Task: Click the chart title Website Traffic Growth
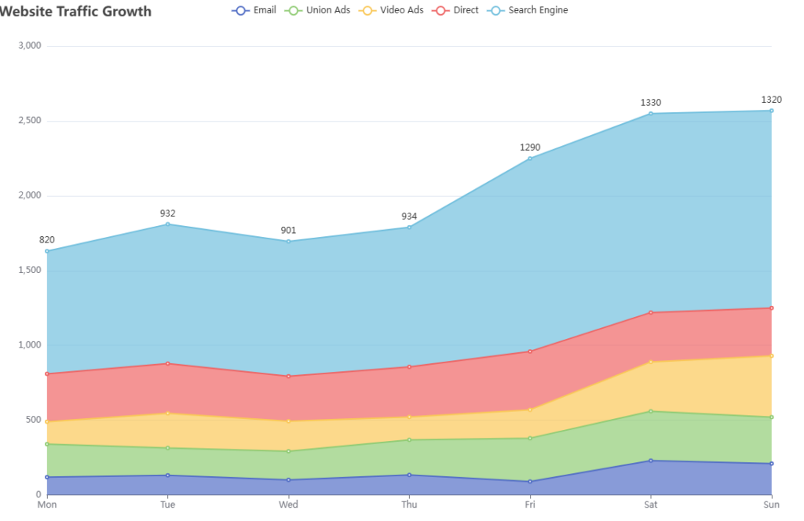pyautogui.click(x=76, y=11)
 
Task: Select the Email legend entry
pyautogui.click(x=254, y=11)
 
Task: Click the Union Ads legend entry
pyautogui.click(x=318, y=11)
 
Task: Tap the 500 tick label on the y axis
pyautogui.click(x=32, y=420)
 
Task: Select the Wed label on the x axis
pyautogui.click(x=289, y=505)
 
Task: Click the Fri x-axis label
pyautogui.click(x=530, y=505)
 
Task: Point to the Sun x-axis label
pyautogui.click(x=771, y=505)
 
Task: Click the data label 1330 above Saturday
pyautogui.click(x=651, y=103)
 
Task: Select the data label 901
pyautogui.click(x=289, y=231)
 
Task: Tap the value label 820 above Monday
pyautogui.click(x=47, y=240)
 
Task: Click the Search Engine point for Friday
pyautogui.click(x=530, y=158)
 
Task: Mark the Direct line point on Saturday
pyautogui.click(x=651, y=313)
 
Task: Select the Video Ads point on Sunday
pyautogui.click(x=771, y=356)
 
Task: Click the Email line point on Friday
pyautogui.click(x=530, y=482)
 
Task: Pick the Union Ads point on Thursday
pyautogui.click(x=409, y=440)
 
